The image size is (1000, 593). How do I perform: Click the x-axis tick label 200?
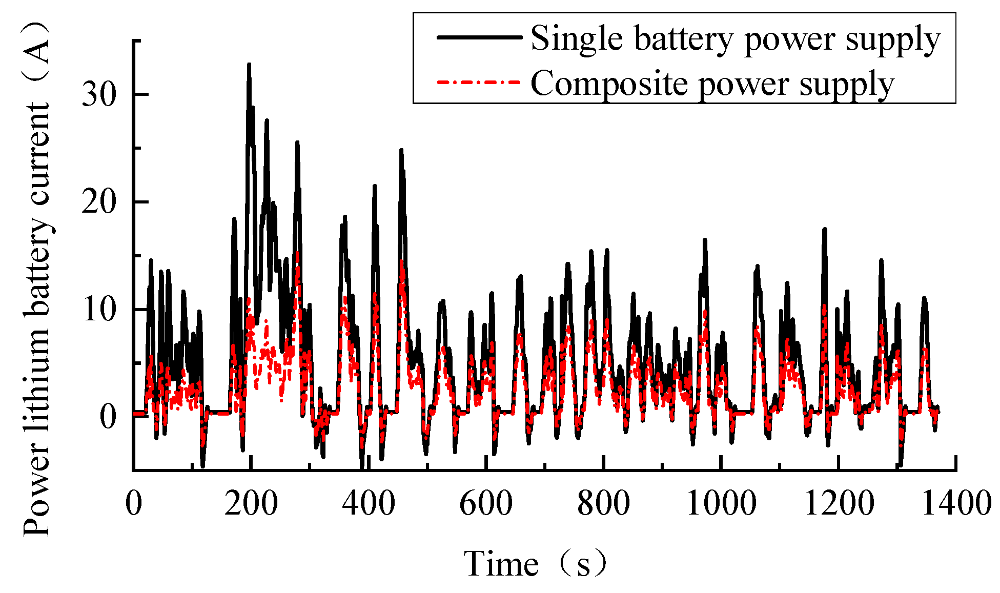click(251, 503)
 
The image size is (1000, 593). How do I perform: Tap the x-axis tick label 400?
click(369, 503)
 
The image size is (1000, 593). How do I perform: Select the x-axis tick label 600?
click(486, 503)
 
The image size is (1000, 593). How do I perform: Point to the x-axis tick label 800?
click(603, 503)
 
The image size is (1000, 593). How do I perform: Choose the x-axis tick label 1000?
click(721, 503)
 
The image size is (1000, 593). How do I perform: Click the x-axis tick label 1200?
click(839, 503)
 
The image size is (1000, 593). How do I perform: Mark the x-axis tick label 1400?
click(956, 503)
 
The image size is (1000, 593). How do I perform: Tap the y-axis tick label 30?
click(99, 94)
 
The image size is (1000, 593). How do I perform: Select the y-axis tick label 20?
click(99, 202)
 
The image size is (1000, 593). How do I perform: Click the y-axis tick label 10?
click(99, 310)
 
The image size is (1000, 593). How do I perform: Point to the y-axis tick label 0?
click(108, 417)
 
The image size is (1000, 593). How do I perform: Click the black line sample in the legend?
click(479, 37)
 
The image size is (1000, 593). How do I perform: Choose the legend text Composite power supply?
click(712, 84)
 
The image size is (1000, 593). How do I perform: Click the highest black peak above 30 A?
click(249, 65)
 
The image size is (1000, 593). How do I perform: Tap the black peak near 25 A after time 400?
click(401, 151)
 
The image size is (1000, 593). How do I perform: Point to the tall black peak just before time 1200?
click(825, 230)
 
